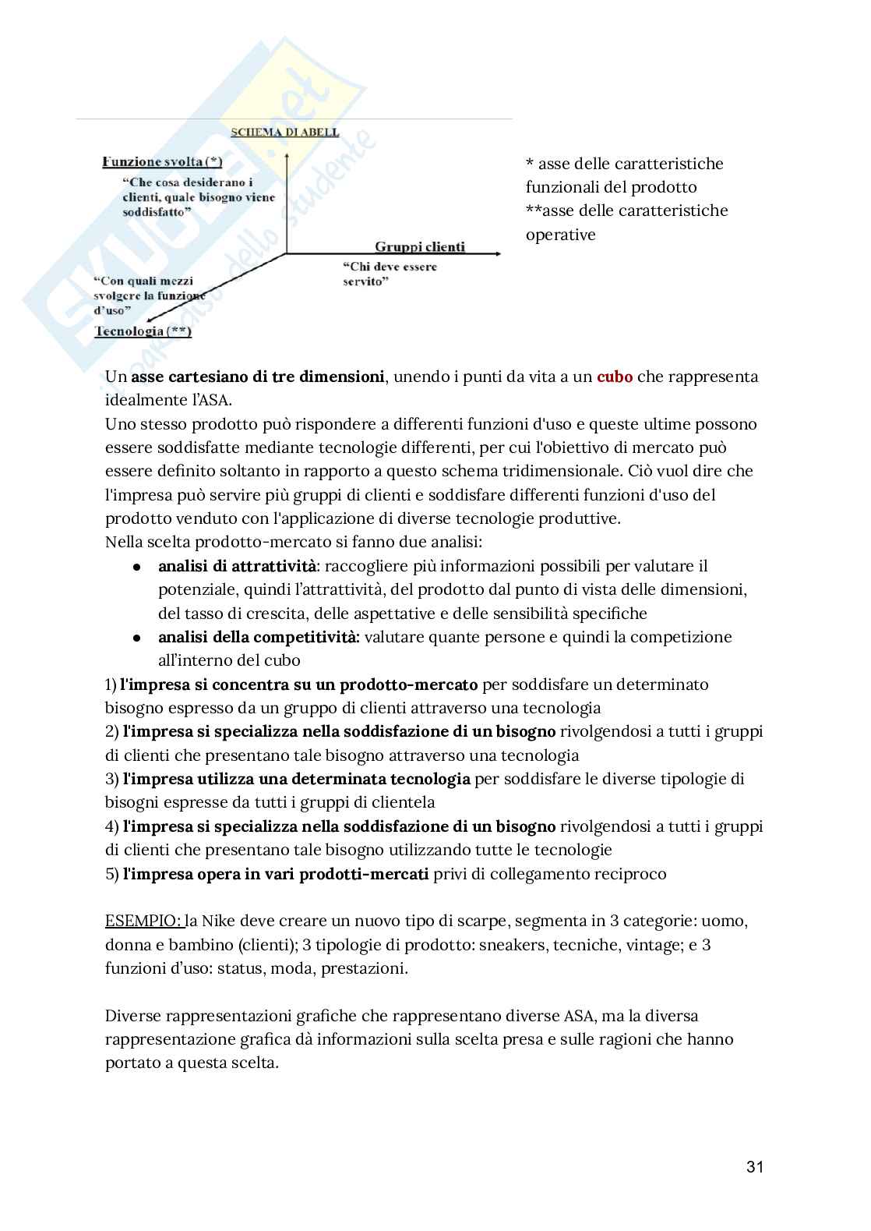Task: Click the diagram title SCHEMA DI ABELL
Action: [x=285, y=132]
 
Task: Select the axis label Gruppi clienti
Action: [x=420, y=246]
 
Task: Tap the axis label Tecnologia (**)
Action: [x=143, y=331]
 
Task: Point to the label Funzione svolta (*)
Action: [x=162, y=161]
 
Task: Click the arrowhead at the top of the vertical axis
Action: [x=287, y=157]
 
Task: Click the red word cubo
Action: [x=615, y=377]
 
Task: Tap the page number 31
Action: [x=754, y=1167]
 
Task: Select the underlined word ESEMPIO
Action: [x=143, y=921]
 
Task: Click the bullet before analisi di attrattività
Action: [x=136, y=567]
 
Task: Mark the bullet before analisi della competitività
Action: [x=136, y=638]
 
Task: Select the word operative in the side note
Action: [x=560, y=235]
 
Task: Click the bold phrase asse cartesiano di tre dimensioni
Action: [x=258, y=377]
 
